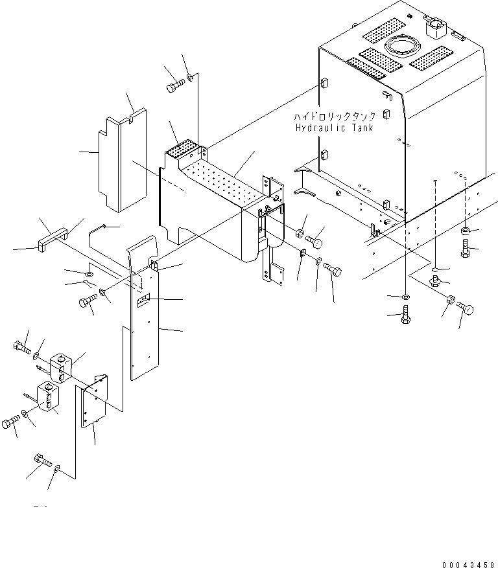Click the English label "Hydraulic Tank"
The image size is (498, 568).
334,128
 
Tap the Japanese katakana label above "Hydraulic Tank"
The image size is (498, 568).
334,117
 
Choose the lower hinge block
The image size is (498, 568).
49,396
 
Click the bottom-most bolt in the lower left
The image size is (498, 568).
42,460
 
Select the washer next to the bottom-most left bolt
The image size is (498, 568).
60,467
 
